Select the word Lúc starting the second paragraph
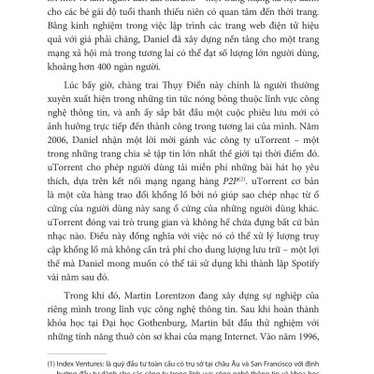point(69,108)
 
